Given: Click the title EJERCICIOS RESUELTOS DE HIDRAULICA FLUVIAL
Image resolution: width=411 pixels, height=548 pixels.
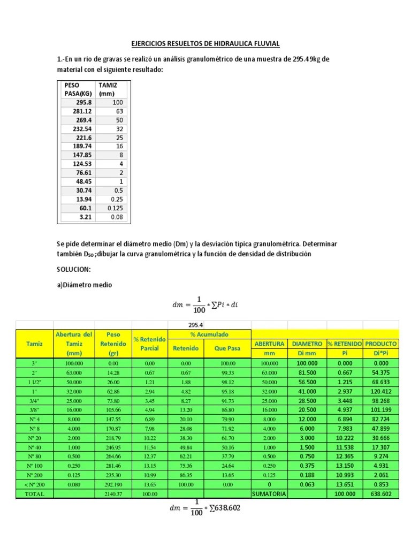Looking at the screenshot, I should (205, 43).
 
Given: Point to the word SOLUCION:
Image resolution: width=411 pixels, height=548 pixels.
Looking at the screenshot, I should (74, 269).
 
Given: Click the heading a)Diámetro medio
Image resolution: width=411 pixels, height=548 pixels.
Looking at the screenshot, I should (85, 285).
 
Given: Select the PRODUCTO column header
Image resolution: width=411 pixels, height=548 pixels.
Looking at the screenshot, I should (380, 343).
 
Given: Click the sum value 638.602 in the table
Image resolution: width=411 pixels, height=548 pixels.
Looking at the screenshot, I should (380, 493).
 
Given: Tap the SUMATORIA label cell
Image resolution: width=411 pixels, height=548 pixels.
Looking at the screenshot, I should (270, 493).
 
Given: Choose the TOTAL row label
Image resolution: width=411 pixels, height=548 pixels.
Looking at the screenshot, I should (35, 493).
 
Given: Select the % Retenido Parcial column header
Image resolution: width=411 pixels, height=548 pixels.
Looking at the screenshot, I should (150, 344).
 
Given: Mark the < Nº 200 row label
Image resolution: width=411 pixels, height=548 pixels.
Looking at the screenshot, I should (35, 484).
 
